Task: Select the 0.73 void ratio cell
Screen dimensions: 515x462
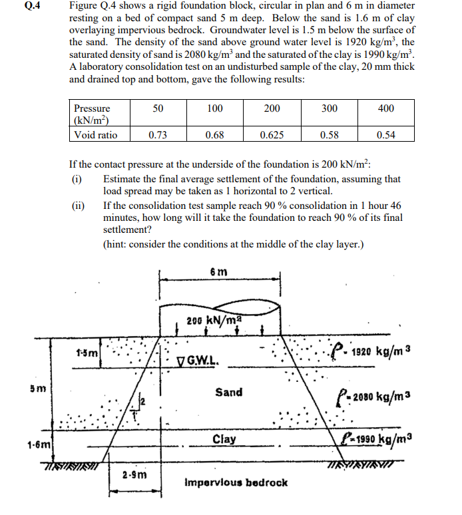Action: point(158,135)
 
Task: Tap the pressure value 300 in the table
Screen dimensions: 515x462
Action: point(329,108)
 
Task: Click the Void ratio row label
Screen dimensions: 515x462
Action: point(95,135)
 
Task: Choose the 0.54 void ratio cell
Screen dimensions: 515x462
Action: point(385,135)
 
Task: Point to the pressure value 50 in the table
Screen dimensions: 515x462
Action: point(158,108)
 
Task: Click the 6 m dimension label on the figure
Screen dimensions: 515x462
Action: point(218,271)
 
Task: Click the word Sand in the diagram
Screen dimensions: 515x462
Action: point(228,392)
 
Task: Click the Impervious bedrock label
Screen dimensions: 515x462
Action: point(236,482)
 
